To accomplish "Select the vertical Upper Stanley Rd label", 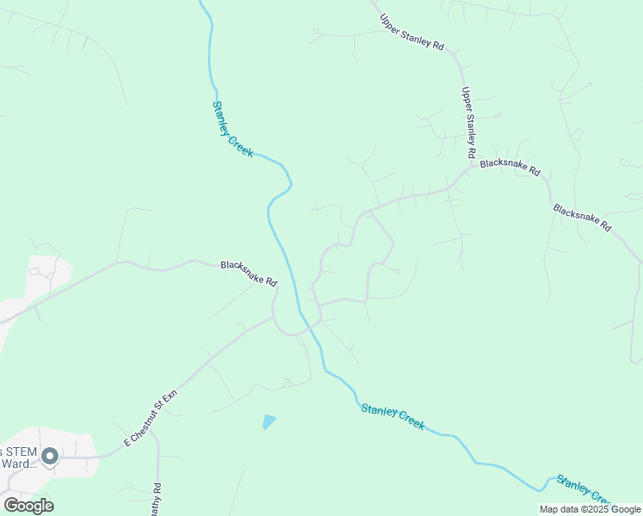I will tap(468, 122).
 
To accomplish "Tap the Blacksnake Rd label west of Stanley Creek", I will tap(248, 273).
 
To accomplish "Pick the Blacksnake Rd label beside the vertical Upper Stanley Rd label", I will tap(510, 166).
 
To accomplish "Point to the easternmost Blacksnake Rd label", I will tap(582, 218).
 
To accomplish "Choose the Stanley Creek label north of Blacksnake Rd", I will tap(232, 129).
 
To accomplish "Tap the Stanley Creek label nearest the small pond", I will tap(392, 416).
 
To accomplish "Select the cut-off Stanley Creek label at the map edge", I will tap(585, 490).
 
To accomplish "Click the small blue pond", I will tap(269, 421).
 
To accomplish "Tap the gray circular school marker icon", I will tap(50, 456).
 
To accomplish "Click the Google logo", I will tap(28, 506).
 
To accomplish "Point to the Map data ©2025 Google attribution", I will tap(591, 509).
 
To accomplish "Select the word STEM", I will tap(21, 451).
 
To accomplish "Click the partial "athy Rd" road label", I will tap(156, 499).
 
